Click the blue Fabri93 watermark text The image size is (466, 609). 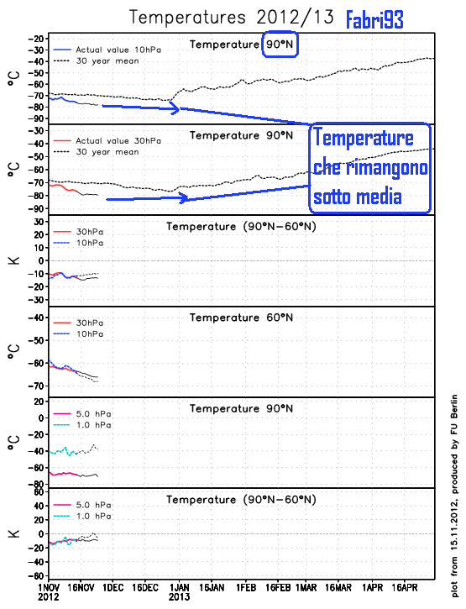coord(374,19)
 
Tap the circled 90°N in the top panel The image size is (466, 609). coord(280,44)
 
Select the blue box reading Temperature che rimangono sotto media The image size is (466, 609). coord(369,168)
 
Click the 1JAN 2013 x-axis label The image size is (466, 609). coord(179,588)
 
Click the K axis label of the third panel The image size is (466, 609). coord(14,260)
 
